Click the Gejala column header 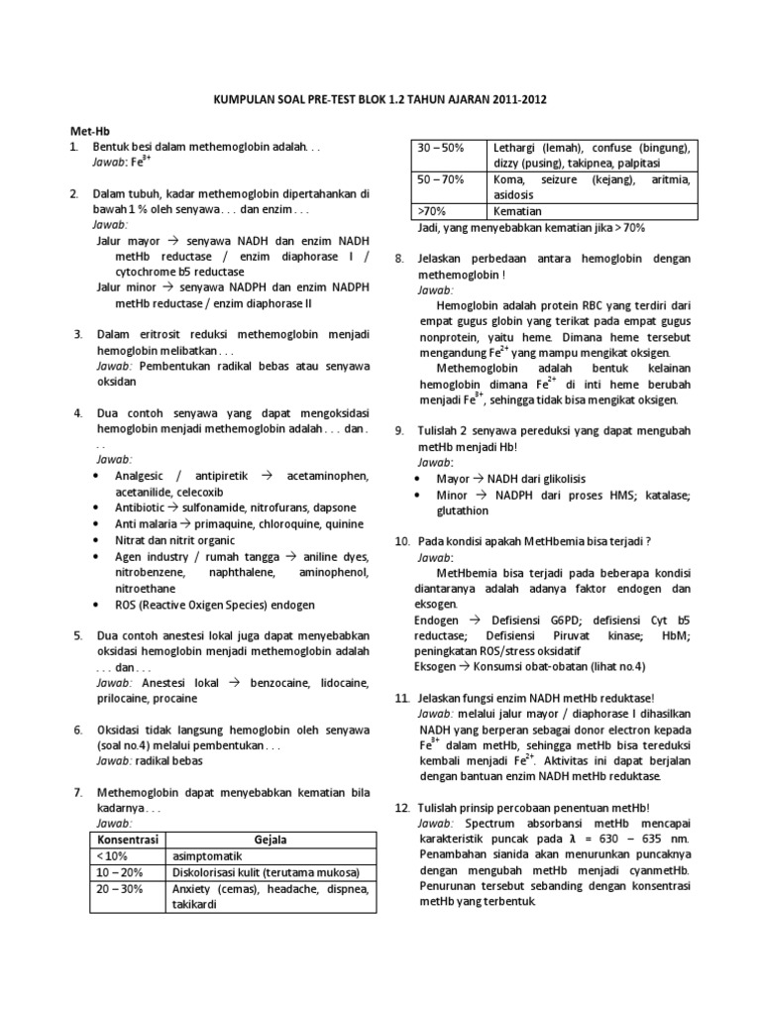point(269,840)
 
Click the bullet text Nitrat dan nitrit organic point(176,540)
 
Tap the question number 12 point(402,808)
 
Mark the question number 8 point(399,258)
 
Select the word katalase point(668,495)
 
